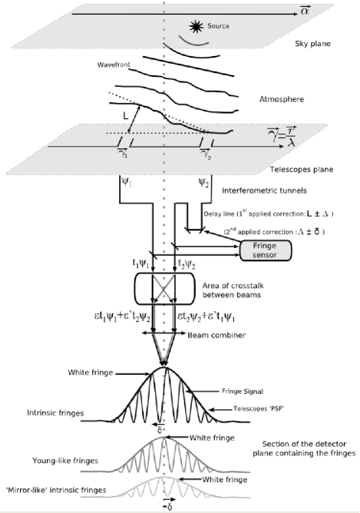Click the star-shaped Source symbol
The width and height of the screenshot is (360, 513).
click(x=194, y=28)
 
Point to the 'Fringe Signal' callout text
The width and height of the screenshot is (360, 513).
click(x=245, y=391)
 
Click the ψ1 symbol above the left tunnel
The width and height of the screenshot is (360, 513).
click(x=126, y=184)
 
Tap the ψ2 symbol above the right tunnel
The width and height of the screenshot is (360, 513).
click(x=203, y=184)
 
